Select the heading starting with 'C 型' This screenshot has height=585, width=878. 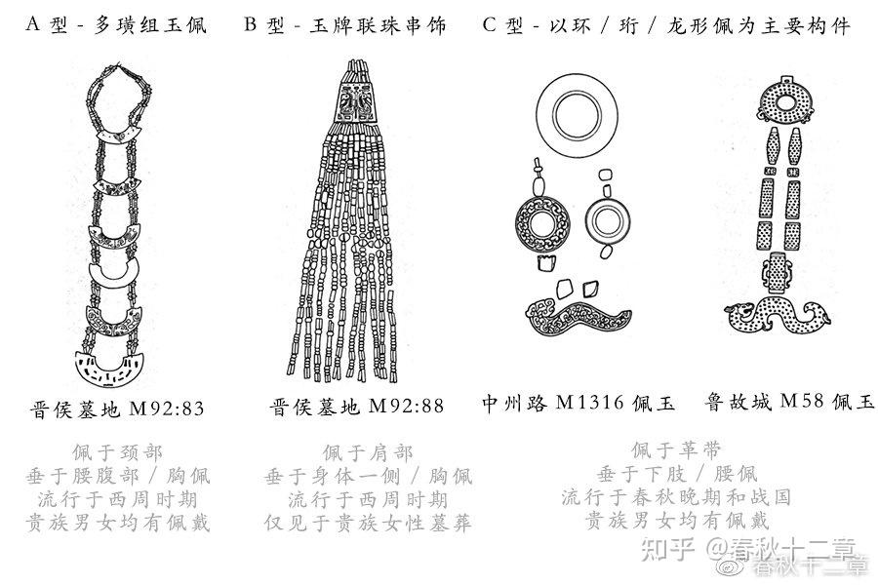pyautogui.click(x=666, y=25)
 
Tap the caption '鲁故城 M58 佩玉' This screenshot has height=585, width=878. pyautogui.click(x=789, y=403)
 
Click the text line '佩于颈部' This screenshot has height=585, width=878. pyautogui.click(x=118, y=452)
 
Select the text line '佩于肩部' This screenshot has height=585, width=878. pyautogui.click(x=368, y=452)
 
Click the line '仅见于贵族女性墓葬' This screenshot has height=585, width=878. pyautogui.click(x=368, y=523)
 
